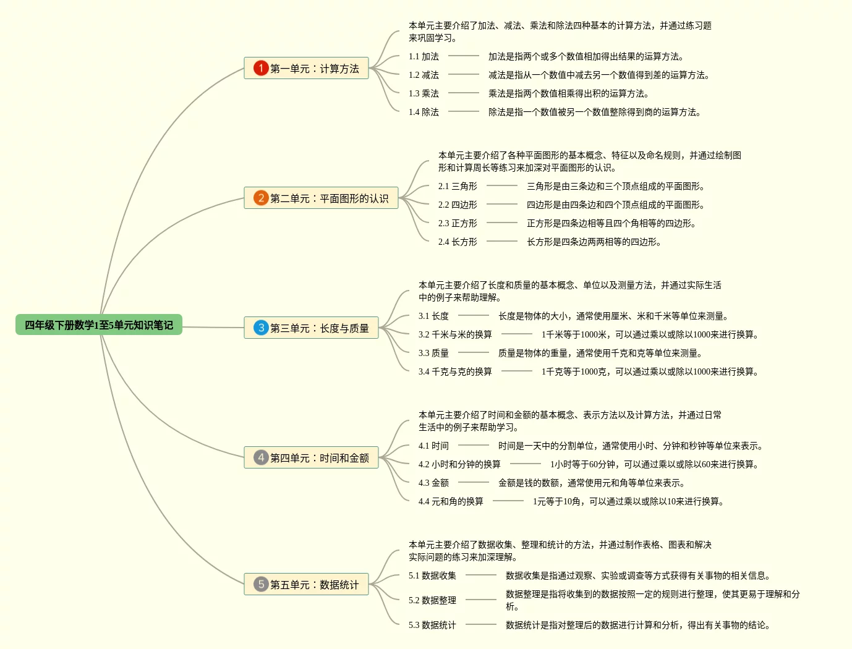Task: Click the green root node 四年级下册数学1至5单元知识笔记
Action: [99, 325]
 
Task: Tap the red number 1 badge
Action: [261, 68]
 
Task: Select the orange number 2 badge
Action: [261, 198]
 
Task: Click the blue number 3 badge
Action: [261, 328]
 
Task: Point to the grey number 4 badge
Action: [261, 457]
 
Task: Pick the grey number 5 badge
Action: [261, 584]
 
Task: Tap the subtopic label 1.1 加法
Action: [424, 56]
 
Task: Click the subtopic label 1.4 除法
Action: [424, 112]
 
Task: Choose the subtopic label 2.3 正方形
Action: [458, 223]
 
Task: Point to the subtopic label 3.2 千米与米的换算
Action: [455, 334]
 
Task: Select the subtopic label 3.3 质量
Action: [433, 353]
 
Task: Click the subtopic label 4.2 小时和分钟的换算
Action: [459, 464]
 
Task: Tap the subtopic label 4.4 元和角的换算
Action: [451, 501]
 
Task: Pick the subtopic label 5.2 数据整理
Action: [432, 600]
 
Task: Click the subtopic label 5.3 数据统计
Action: [432, 625]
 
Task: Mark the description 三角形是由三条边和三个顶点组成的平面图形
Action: [616, 186]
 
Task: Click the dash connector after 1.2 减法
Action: [464, 75]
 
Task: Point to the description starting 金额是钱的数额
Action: [592, 483]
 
